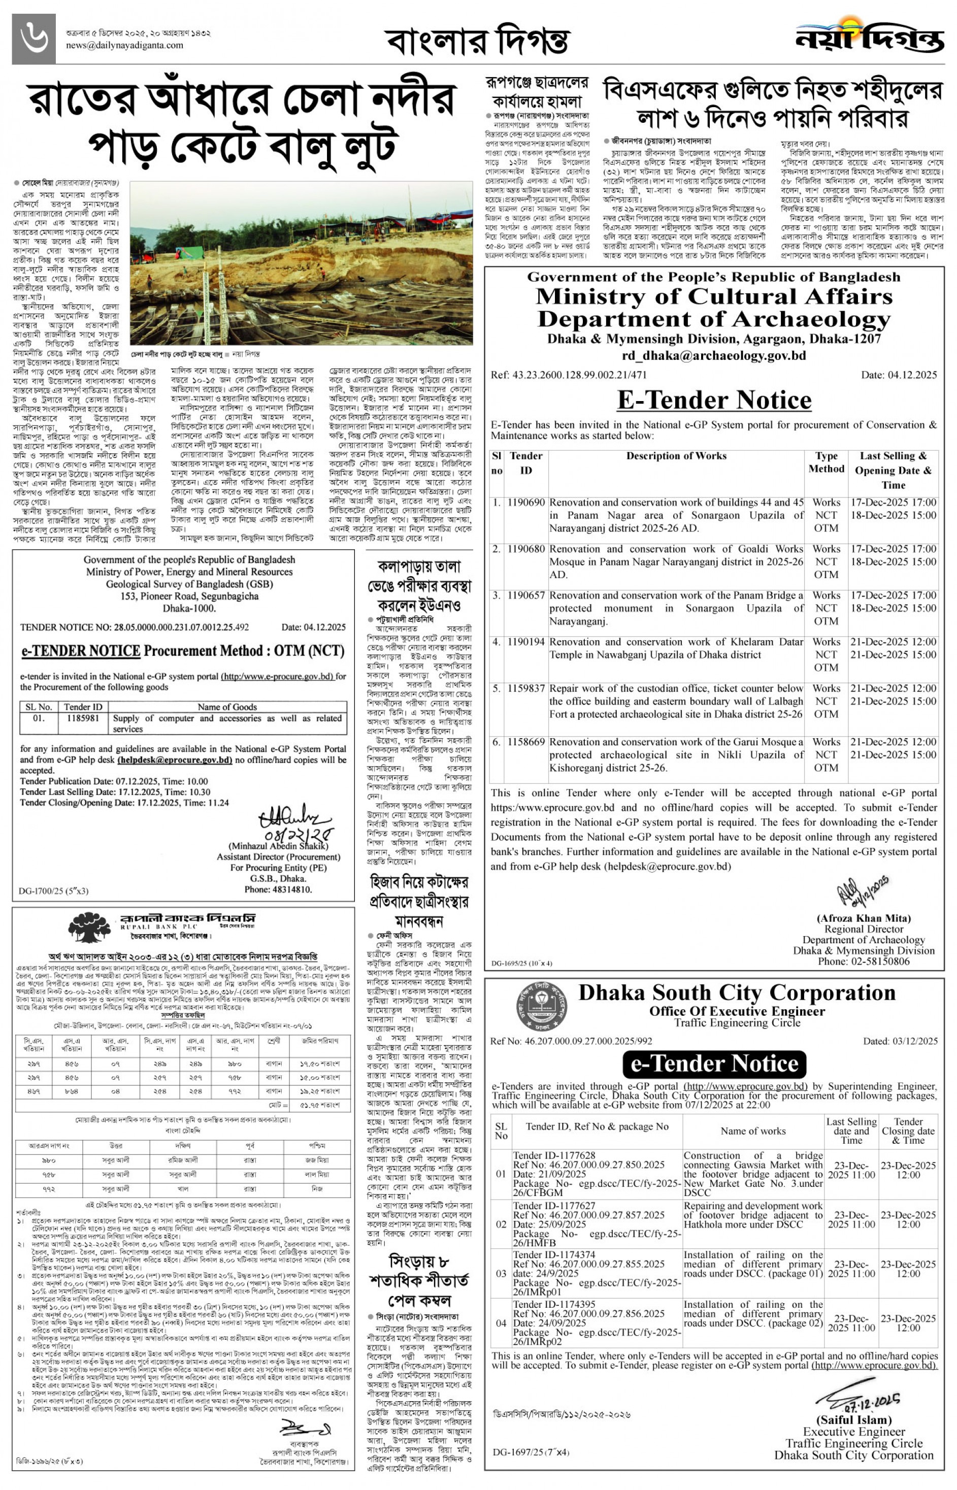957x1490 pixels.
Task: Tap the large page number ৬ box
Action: tap(34, 39)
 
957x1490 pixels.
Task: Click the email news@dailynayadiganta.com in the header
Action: tap(124, 45)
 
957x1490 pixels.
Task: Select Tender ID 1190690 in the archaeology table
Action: tap(526, 502)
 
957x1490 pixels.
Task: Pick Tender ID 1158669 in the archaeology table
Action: tap(526, 742)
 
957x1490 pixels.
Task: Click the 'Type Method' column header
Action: tap(826, 463)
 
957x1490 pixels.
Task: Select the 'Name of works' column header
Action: tap(752, 1131)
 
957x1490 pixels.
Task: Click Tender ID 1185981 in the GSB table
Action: tap(83, 718)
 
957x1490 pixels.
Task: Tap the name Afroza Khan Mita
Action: tap(863, 918)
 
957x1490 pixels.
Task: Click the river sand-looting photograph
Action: tap(302, 263)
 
